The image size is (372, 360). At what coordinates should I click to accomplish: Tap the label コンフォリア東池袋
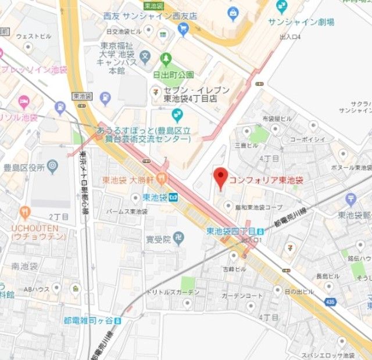(x=266, y=181)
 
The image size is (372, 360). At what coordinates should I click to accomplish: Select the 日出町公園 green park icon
(x=166, y=59)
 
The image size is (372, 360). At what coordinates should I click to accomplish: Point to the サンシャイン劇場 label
(x=301, y=22)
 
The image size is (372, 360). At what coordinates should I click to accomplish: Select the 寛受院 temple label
(x=158, y=239)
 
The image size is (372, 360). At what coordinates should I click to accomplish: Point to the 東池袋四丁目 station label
(x=228, y=231)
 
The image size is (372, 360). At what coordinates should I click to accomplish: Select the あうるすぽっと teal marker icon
(x=178, y=114)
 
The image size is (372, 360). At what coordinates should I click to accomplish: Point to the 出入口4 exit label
(x=290, y=37)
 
